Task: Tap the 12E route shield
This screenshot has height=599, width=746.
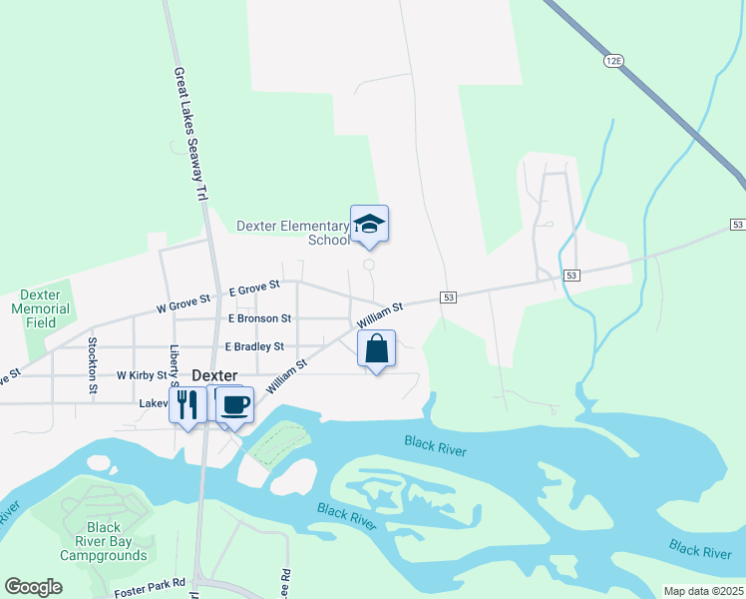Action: click(612, 61)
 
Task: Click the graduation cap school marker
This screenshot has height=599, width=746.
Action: click(369, 224)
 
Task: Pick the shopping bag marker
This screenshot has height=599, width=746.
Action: click(376, 348)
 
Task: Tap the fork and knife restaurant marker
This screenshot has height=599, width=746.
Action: click(186, 403)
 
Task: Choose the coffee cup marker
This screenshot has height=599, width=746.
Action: click(234, 404)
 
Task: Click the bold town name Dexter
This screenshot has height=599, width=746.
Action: click(214, 375)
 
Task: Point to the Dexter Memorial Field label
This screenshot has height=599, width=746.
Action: click(46, 308)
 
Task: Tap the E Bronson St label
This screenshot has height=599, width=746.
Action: click(259, 318)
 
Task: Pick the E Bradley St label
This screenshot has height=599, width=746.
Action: click(254, 346)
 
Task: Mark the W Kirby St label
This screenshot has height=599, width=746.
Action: click(141, 375)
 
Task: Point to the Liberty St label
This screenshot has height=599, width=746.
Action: click(174, 365)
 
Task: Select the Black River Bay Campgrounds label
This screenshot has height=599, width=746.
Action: click(103, 541)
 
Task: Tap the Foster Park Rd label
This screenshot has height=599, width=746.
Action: click(151, 582)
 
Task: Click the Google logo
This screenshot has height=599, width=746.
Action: click(33, 587)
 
